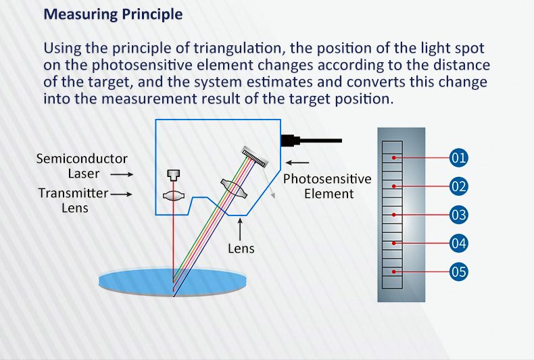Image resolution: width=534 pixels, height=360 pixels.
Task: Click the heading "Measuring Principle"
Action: pyautogui.click(x=113, y=15)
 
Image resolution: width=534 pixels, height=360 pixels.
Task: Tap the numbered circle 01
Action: pyautogui.click(x=458, y=158)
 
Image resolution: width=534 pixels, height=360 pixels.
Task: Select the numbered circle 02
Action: pyautogui.click(x=458, y=186)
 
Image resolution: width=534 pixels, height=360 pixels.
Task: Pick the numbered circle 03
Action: pyautogui.click(x=458, y=215)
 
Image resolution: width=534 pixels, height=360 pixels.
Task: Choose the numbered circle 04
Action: pyautogui.click(x=458, y=243)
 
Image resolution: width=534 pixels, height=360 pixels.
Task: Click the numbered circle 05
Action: pyautogui.click(x=458, y=272)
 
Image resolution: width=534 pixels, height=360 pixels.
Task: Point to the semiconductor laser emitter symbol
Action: pyautogui.click(x=173, y=175)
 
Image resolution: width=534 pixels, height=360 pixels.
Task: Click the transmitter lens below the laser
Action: pyautogui.click(x=173, y=196)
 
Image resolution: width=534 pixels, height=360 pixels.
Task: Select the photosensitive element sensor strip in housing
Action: pyautogui.click(x=254, y=157)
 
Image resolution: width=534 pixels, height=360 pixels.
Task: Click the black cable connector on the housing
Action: pyautogui.click(x=311, y=140)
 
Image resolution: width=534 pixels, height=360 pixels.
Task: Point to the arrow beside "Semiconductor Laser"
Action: pyautogui.click(x=122, y=174)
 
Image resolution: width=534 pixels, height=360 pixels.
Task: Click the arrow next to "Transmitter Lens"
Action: pyautogui.click(x=121, y=195)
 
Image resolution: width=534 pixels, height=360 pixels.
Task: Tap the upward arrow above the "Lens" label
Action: pyautogui.click(x=240, y=230)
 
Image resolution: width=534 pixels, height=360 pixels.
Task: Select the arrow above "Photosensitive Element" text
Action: pyautogui.click(x=297, y=163)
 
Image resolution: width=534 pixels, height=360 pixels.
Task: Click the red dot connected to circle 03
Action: pyautogui.click(x=393, y=215)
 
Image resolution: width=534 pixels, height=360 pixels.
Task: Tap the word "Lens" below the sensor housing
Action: pyautogui.click(x=241, y=249)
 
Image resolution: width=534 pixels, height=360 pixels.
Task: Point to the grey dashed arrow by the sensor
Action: pyautogui.click(x=268, y=183)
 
